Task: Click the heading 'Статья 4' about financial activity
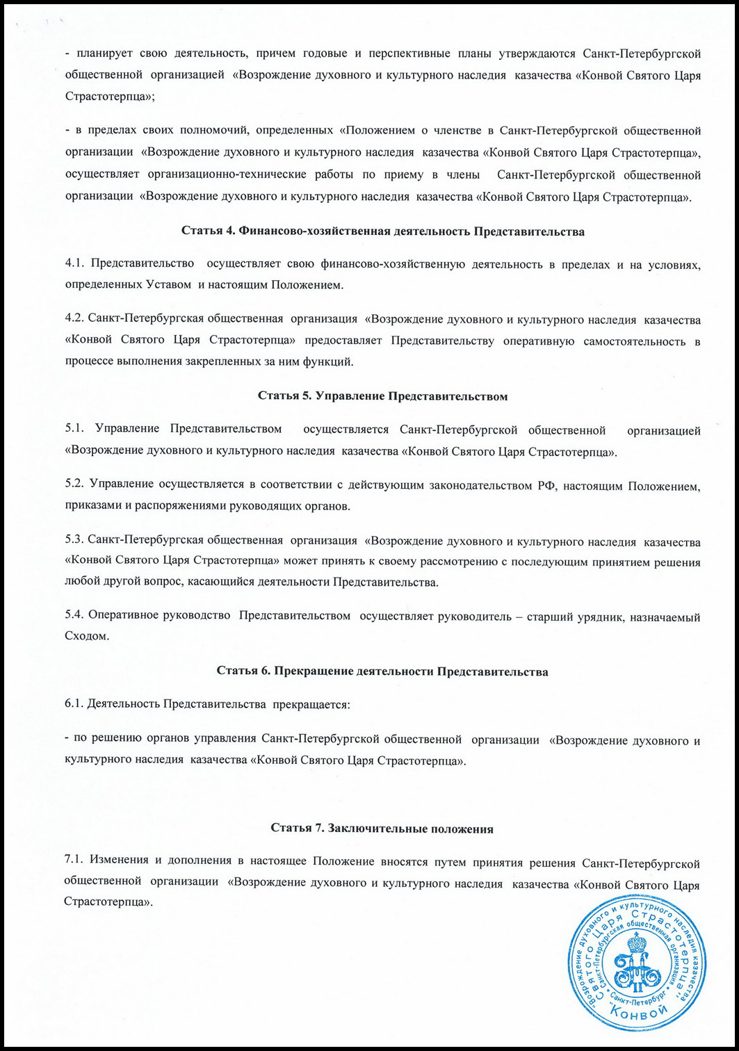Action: (x=382, y=232)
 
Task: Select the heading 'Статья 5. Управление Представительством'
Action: (x=382, y=396)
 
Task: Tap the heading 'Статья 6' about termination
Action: (x=382, y=671)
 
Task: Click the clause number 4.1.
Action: (x=73, y=265)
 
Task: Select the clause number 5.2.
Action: (x=73, y=484)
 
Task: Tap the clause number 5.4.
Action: (x=73, y=617)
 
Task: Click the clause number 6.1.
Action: (x=73, y=704)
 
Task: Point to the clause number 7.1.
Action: (x=73, y=862)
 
